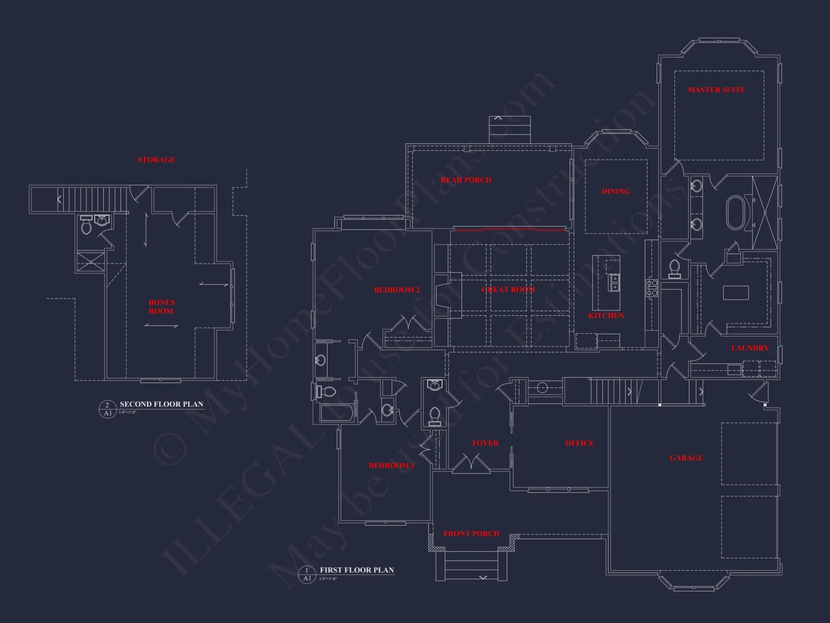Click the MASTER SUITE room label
716,90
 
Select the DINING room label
615,191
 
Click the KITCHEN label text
605,316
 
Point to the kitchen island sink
615,282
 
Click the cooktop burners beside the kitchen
652,288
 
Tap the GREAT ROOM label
508,289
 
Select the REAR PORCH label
466,180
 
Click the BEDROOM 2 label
397,290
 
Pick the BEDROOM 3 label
391,466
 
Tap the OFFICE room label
579,443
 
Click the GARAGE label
686,458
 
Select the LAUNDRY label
749,348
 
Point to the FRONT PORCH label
471,534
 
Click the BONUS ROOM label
161,307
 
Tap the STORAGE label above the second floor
156,160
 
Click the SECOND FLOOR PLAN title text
161,404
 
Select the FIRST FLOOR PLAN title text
356,570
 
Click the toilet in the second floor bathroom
86,227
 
